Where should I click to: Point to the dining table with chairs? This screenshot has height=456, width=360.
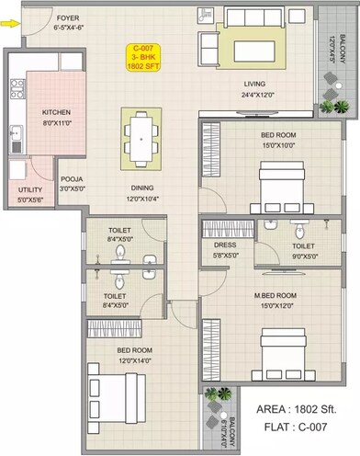click(141, 134)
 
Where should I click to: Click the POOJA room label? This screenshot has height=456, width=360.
click(72, 180)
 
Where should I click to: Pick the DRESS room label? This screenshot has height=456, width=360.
click(226, 245)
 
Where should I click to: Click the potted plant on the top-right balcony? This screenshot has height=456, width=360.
click(342, 106)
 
